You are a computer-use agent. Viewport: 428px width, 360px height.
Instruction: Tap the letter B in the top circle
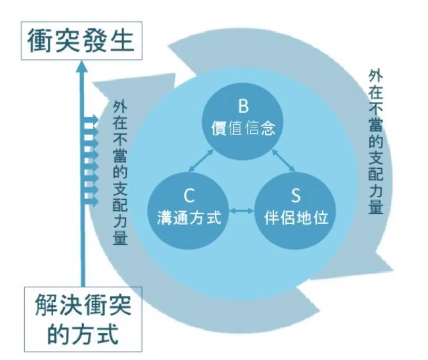[x=243, y=106]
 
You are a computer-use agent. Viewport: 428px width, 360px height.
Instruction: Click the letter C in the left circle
[x=189, y=196]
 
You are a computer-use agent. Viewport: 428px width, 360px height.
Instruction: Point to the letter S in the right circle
[x=295, y=196]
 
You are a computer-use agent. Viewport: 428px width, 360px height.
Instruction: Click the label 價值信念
[x=243, y=128]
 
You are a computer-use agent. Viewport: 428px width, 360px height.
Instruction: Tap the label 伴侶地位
[x=296, y=217]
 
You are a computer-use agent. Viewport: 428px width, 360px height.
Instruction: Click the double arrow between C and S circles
[x=242, y=211]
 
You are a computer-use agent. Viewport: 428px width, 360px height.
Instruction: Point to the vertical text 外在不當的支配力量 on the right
[x=375, y=142]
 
